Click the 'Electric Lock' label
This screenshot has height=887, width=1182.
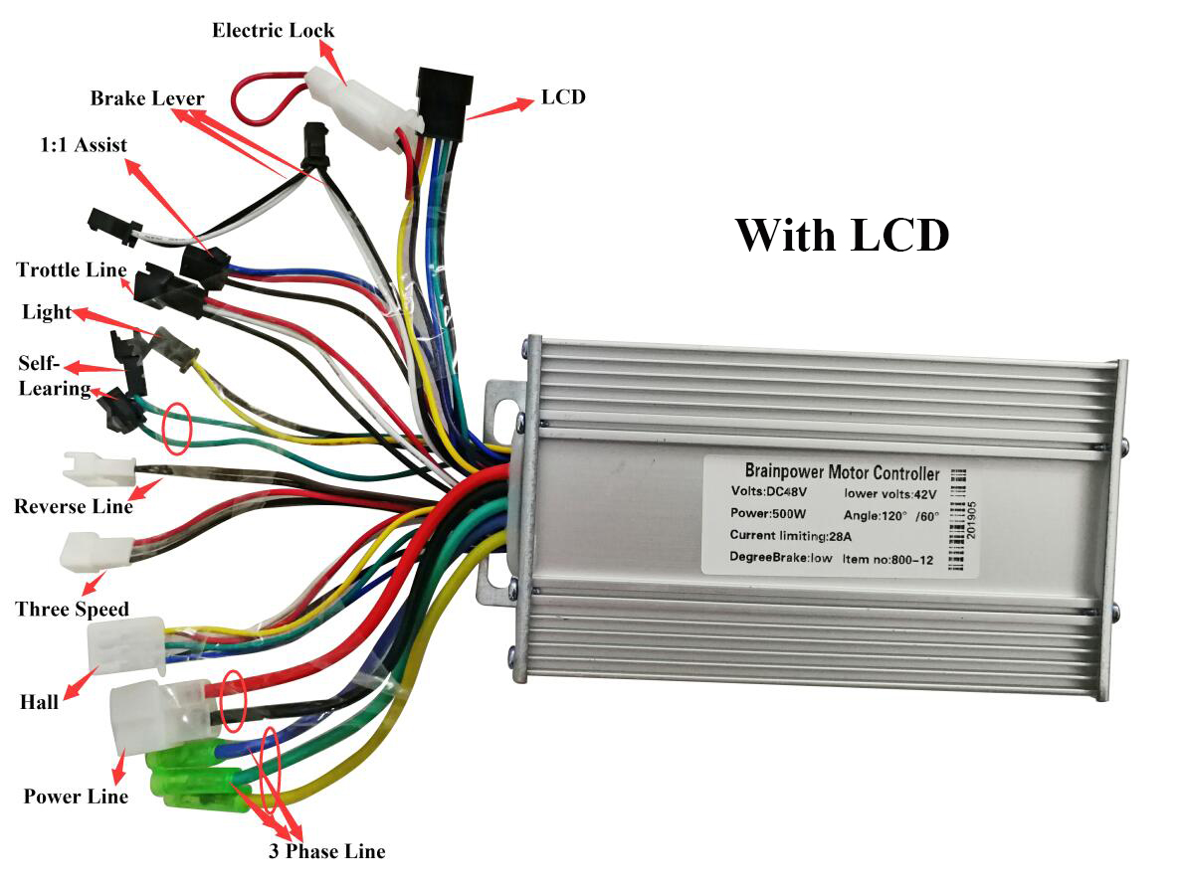point(273,30)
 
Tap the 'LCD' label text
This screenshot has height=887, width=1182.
point(563,97)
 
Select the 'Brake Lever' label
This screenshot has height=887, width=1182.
point(147,98)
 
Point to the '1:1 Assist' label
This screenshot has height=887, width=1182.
point(83,145)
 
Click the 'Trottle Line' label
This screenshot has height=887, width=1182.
point(72,270)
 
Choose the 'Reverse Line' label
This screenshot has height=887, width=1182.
point(74,507)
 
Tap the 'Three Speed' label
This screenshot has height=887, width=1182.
point(72,609)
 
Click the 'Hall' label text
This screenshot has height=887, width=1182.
point(39,702)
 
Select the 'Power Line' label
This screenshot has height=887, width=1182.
point(76,797)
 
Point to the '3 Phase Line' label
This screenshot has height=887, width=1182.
point(326,851)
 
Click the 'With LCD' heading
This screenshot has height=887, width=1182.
point(842,235)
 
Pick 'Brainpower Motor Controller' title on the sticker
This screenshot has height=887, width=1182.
point(842,470)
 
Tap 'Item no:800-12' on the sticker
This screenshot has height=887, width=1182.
point(888,559)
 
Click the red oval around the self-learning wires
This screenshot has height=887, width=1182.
point(177,429)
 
